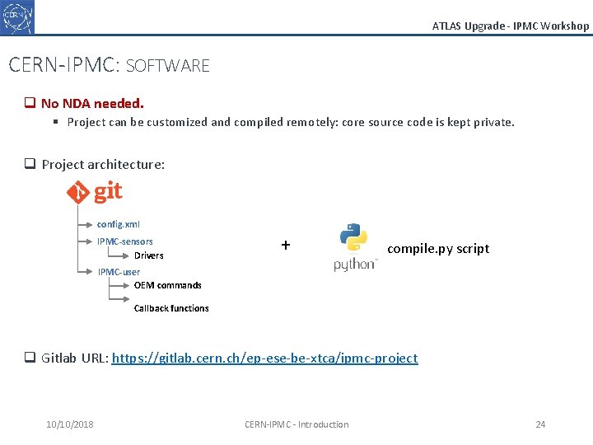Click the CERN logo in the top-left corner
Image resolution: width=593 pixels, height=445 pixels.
coord(17,16)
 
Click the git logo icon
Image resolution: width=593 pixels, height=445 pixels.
coord(94,193)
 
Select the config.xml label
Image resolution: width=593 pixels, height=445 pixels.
coord(119,224)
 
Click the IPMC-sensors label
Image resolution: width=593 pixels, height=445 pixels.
coord(125,241)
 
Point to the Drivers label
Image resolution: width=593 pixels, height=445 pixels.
coord(149,255)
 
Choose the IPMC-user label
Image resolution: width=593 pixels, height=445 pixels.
coord(119,272)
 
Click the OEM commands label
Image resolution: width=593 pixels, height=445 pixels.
coord(167,285)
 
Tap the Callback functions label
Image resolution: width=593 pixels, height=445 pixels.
coord(171,308)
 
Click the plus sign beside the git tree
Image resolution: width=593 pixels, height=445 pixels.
coord(286,245)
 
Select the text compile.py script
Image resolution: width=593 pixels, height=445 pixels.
coord(438,248)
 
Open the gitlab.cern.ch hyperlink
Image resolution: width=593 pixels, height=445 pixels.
coord(264,358)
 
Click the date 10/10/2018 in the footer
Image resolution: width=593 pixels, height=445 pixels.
coord(70,424)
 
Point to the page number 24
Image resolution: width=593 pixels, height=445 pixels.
coord(540,424)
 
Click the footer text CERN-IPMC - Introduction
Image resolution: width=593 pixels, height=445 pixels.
coord(296,424)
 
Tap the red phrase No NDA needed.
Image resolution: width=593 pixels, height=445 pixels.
coord(92,104)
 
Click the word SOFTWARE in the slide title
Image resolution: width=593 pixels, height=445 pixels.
coord(168,66)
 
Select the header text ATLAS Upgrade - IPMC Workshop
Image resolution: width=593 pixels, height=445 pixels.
coord(511,26)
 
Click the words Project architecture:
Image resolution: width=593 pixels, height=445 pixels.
coord(103,164)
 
